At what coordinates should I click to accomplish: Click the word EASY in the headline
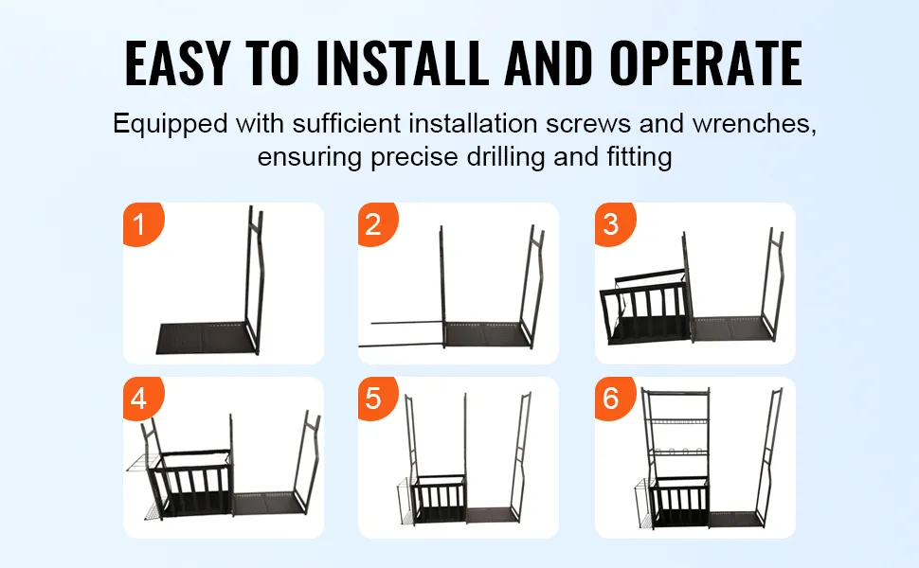177,63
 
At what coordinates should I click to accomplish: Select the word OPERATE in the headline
706,63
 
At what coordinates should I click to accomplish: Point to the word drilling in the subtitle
506,157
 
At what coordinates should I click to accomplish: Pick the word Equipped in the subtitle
170,124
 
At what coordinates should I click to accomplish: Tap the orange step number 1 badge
142,224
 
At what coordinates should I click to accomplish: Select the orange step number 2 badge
377,224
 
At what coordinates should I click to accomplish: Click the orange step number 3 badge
614,224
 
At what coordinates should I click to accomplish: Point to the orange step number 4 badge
142,399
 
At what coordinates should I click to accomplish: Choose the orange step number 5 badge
377,399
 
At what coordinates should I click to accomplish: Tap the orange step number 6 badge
614,399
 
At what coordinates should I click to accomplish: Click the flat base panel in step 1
206,338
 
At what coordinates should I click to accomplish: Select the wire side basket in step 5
405,501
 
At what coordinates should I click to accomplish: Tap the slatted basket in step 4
193,484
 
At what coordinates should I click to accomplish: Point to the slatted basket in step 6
680,502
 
